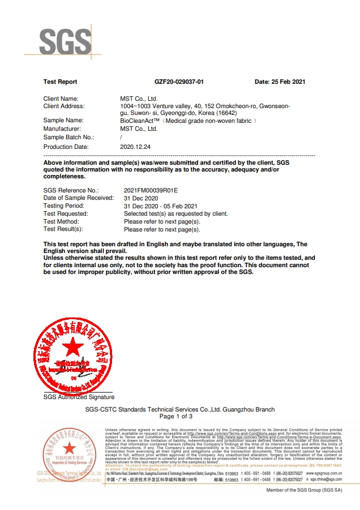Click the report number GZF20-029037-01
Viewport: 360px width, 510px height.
coord(178,82)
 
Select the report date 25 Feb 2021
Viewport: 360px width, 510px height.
coord(280,82)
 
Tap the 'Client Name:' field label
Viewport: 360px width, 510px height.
coord(61,98)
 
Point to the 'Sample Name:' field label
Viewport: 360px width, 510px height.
coord(63,121)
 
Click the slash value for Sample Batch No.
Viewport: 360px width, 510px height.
coord(122,138)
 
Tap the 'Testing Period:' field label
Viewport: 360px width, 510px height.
coord(63,206)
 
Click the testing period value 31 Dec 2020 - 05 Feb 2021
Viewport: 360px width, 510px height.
coord(160,206)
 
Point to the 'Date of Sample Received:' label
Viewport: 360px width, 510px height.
coord(79,198)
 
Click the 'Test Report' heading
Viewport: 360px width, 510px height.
coord(60,82)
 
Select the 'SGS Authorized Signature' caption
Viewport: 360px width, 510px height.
coord(79,397)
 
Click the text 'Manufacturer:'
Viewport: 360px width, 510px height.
coord(62,129)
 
